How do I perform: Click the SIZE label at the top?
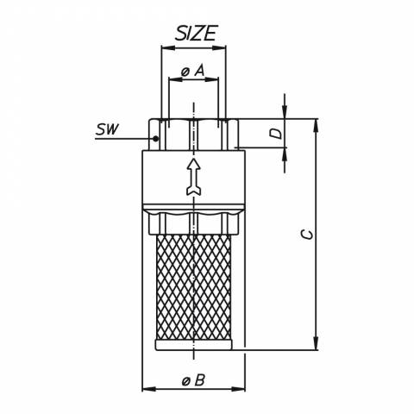coord(196,33)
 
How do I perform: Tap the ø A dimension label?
coord(193,71)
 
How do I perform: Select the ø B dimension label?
coord(193,380)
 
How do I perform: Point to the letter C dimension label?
coord(308,235)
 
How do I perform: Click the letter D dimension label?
coord(278,134)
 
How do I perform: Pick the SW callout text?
coord(107,129)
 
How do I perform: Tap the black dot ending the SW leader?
coord(155,139)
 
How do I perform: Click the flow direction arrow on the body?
coord(194,177)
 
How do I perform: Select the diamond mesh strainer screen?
coord(194,287)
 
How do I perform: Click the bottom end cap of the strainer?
coord(194,345)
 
